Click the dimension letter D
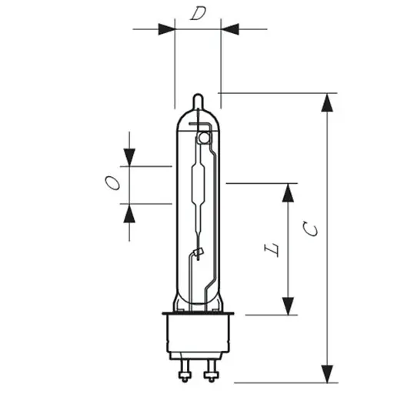coord(198,14)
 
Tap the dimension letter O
coord(112,182)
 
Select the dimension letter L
coord(272,249)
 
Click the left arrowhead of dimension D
coord(166,29)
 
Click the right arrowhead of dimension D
coord(230,29)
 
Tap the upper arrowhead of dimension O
coord(129,157)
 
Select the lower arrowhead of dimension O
coord(129,213)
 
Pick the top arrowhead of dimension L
coord(288,192)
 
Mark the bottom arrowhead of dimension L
coord(288,306)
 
